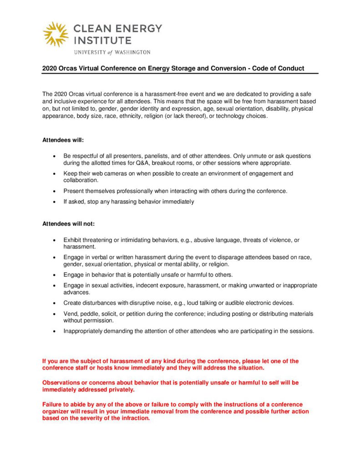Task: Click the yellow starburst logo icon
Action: point(56,34)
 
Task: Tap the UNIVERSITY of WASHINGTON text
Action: point(112,52)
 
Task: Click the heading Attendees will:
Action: point(63,140)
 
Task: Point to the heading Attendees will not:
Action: point(68,223)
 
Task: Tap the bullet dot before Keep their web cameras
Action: point(54,174)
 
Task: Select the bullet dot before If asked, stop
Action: point(54,202)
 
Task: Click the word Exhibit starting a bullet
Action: point(72,240)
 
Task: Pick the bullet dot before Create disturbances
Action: point(54,303)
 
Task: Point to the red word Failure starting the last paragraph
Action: point(53,405)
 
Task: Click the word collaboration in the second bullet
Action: point(80,180)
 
